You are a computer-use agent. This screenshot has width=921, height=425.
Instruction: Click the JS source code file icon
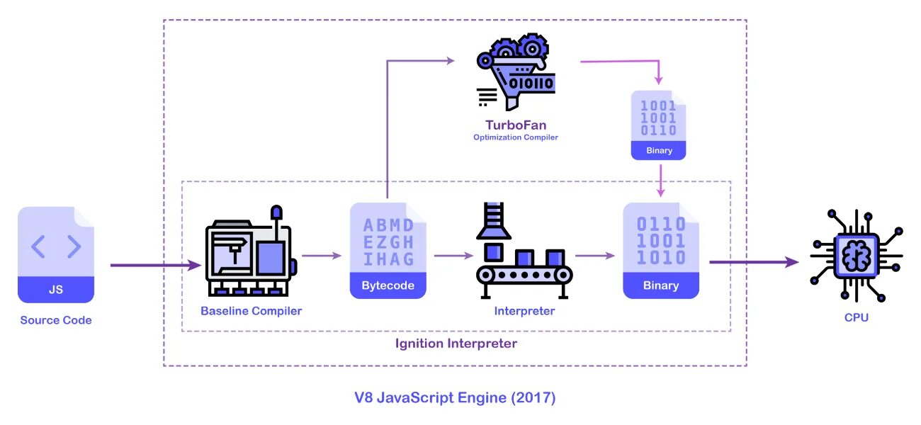click(56, 254)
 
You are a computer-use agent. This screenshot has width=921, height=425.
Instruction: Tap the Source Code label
click(56, 320)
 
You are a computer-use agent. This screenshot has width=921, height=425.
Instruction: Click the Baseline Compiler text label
click(251, 311)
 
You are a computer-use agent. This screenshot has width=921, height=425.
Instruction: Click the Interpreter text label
click(524, 311)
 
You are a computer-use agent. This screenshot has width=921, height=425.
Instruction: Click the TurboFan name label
click(516, 125)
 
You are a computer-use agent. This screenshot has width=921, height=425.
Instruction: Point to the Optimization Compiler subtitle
click(516, 137)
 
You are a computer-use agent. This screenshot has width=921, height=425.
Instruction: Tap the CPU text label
click(857, 317)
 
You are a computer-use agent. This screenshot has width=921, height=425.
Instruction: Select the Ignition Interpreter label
click(456, 344)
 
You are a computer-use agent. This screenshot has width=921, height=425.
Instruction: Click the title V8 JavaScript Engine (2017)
click(455, 397)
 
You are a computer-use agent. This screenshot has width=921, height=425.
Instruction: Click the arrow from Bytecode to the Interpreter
click(453, 256)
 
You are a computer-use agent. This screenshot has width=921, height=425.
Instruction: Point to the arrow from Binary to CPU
click(754, 262)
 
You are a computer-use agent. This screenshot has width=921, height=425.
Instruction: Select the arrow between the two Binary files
click(660, 180)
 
